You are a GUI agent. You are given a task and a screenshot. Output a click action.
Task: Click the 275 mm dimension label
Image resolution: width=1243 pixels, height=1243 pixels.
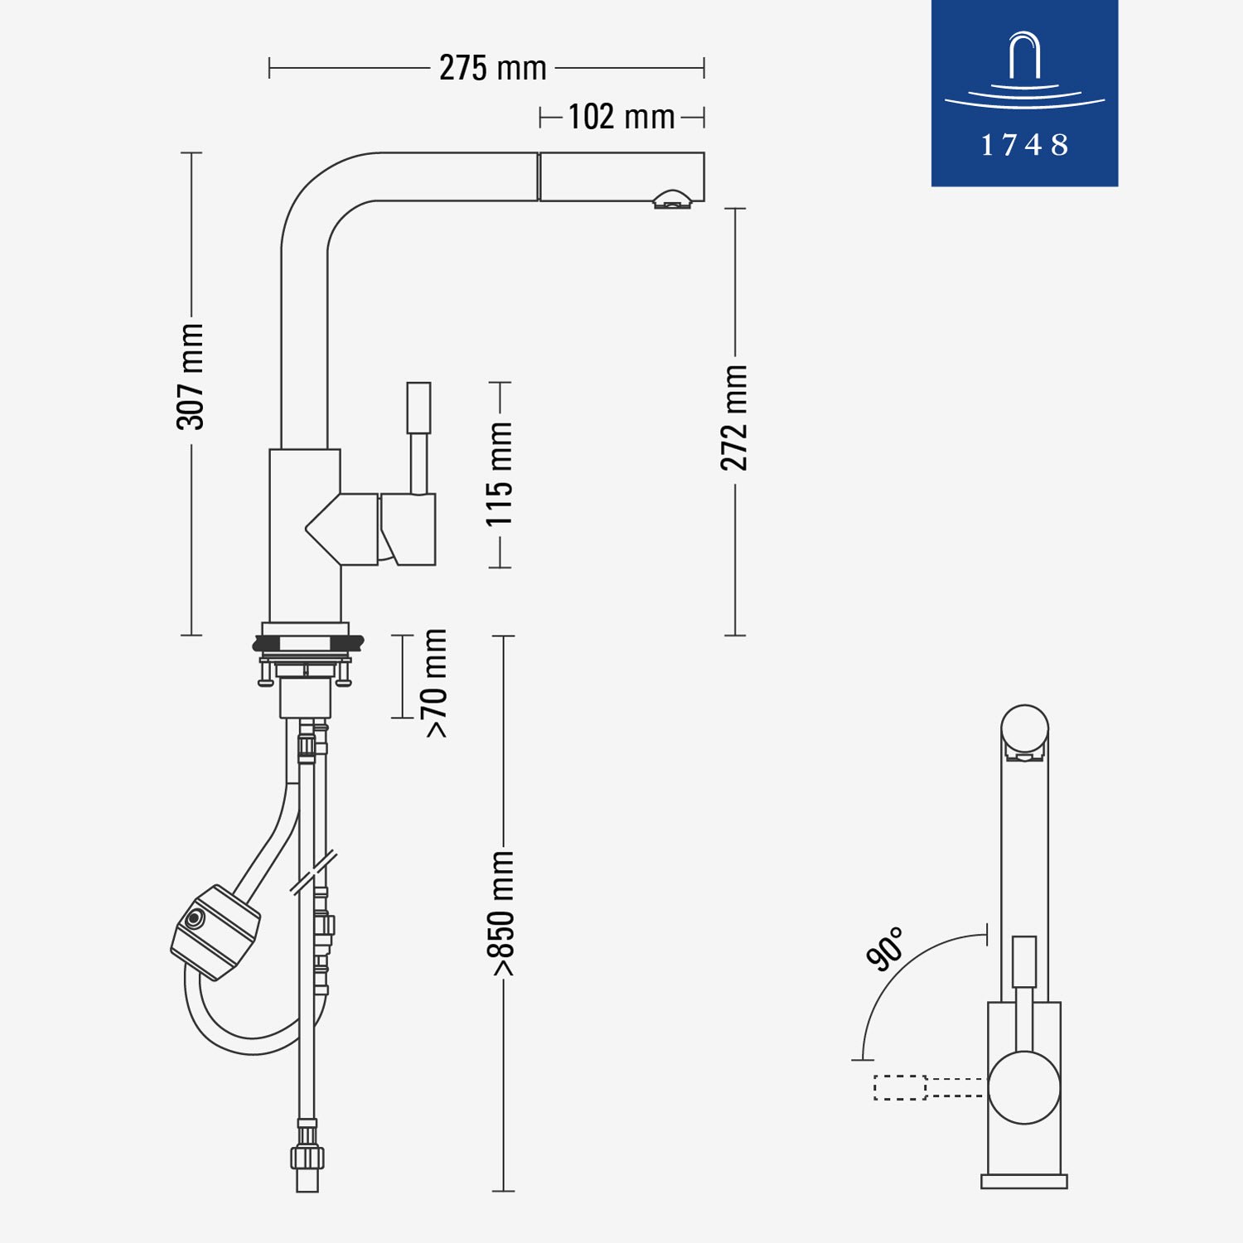tap(492, 68)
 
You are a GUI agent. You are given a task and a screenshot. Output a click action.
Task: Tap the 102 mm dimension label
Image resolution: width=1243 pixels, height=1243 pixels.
tap(621, 117)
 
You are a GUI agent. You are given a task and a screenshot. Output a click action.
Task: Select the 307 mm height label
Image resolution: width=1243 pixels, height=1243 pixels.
tap(191, 376)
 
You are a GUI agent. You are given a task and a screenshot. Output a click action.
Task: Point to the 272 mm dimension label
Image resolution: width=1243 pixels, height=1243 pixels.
tap(734, 418)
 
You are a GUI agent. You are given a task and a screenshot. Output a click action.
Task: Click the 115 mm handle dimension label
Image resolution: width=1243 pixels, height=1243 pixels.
tap(500, 474)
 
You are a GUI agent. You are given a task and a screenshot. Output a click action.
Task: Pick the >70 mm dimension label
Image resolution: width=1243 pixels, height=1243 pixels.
tap(434, 683)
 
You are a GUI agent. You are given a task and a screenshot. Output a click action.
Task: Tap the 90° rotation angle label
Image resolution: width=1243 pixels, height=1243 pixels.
tap(885, 949)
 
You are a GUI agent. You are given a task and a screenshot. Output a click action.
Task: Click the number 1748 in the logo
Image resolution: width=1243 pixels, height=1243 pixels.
tap(1025, 145)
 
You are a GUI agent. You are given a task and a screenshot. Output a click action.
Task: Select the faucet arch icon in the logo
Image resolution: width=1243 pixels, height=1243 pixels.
tap(1025, 71)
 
